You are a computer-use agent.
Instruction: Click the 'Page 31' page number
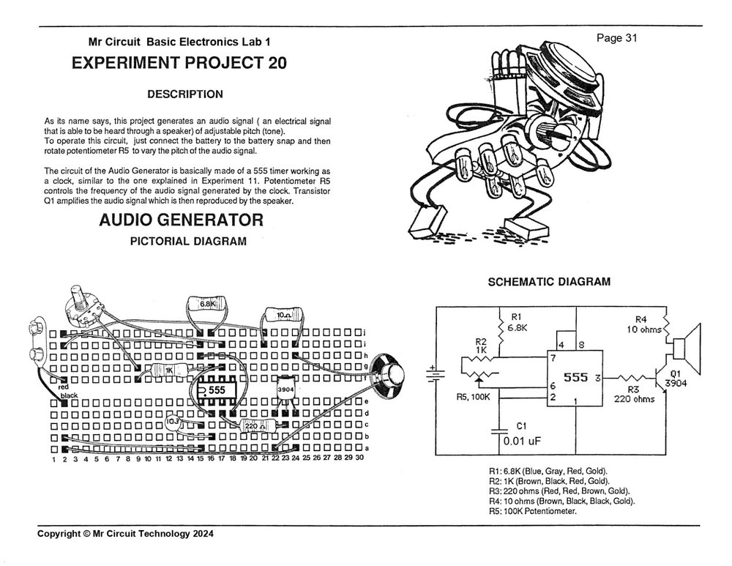point(617,39)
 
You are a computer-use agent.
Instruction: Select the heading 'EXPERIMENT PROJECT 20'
point(179,63)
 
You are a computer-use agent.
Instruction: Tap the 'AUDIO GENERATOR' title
point(181,220)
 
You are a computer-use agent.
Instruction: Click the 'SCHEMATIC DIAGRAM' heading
point(549,282)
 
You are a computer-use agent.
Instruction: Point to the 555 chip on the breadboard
point(217,390)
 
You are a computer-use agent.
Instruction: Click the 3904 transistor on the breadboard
point(285,390)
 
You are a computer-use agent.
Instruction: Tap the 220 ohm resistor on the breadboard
point(252,425)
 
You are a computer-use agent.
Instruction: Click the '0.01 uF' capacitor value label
point(521,441)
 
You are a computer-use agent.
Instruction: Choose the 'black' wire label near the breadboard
point(69,395)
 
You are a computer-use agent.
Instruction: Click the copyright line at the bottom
point(126,534)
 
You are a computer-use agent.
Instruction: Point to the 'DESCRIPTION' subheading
point(185,94)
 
